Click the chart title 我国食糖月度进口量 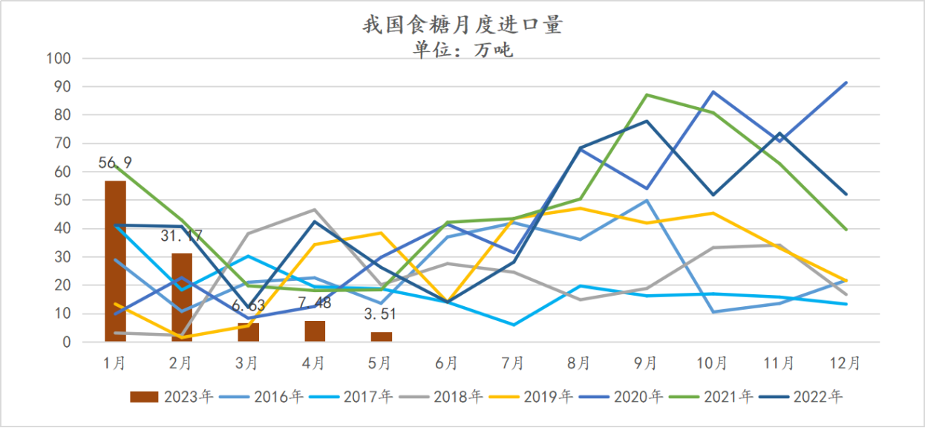[462, 25]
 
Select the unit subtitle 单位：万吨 [462, 50]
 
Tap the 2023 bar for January [115, 261]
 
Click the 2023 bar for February [182, 297]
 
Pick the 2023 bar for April [315, 331]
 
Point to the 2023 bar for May [382, 337]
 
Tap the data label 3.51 [381, 314]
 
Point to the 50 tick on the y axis [62, 201]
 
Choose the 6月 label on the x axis [446, 363]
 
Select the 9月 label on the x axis [646, 363]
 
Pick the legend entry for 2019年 [536, 397]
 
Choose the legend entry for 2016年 [266, 397]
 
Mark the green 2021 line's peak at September [647, 95]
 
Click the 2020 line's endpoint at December [846, 82]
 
